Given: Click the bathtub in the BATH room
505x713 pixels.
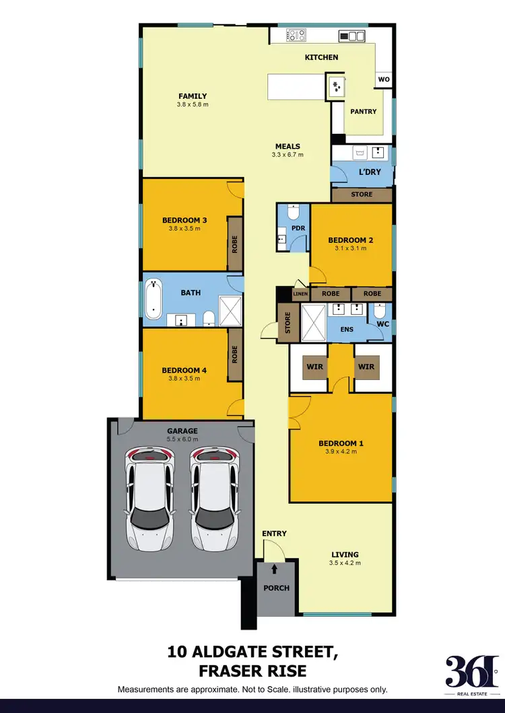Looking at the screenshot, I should [154, 300].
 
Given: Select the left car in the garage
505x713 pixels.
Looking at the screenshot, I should [150, 497].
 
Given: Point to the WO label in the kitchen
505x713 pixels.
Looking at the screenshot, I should [384, 80].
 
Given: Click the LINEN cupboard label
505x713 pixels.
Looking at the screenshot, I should [300, 294].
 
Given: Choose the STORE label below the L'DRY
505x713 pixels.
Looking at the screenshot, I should [362, 195].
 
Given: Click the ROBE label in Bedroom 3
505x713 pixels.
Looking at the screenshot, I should [235, 243].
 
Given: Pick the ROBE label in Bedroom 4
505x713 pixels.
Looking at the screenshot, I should [235, 354].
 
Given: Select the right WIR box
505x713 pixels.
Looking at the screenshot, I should [366, 367].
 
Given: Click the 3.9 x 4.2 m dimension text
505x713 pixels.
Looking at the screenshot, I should [341, 452].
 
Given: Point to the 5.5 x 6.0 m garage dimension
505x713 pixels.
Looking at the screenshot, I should [182, 439].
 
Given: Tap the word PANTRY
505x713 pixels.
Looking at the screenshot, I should [364, 112].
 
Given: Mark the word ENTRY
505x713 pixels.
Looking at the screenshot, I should [275, 533].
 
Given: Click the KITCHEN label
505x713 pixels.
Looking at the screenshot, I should [321, 58].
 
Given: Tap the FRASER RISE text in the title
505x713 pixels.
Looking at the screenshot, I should [252, 671].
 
